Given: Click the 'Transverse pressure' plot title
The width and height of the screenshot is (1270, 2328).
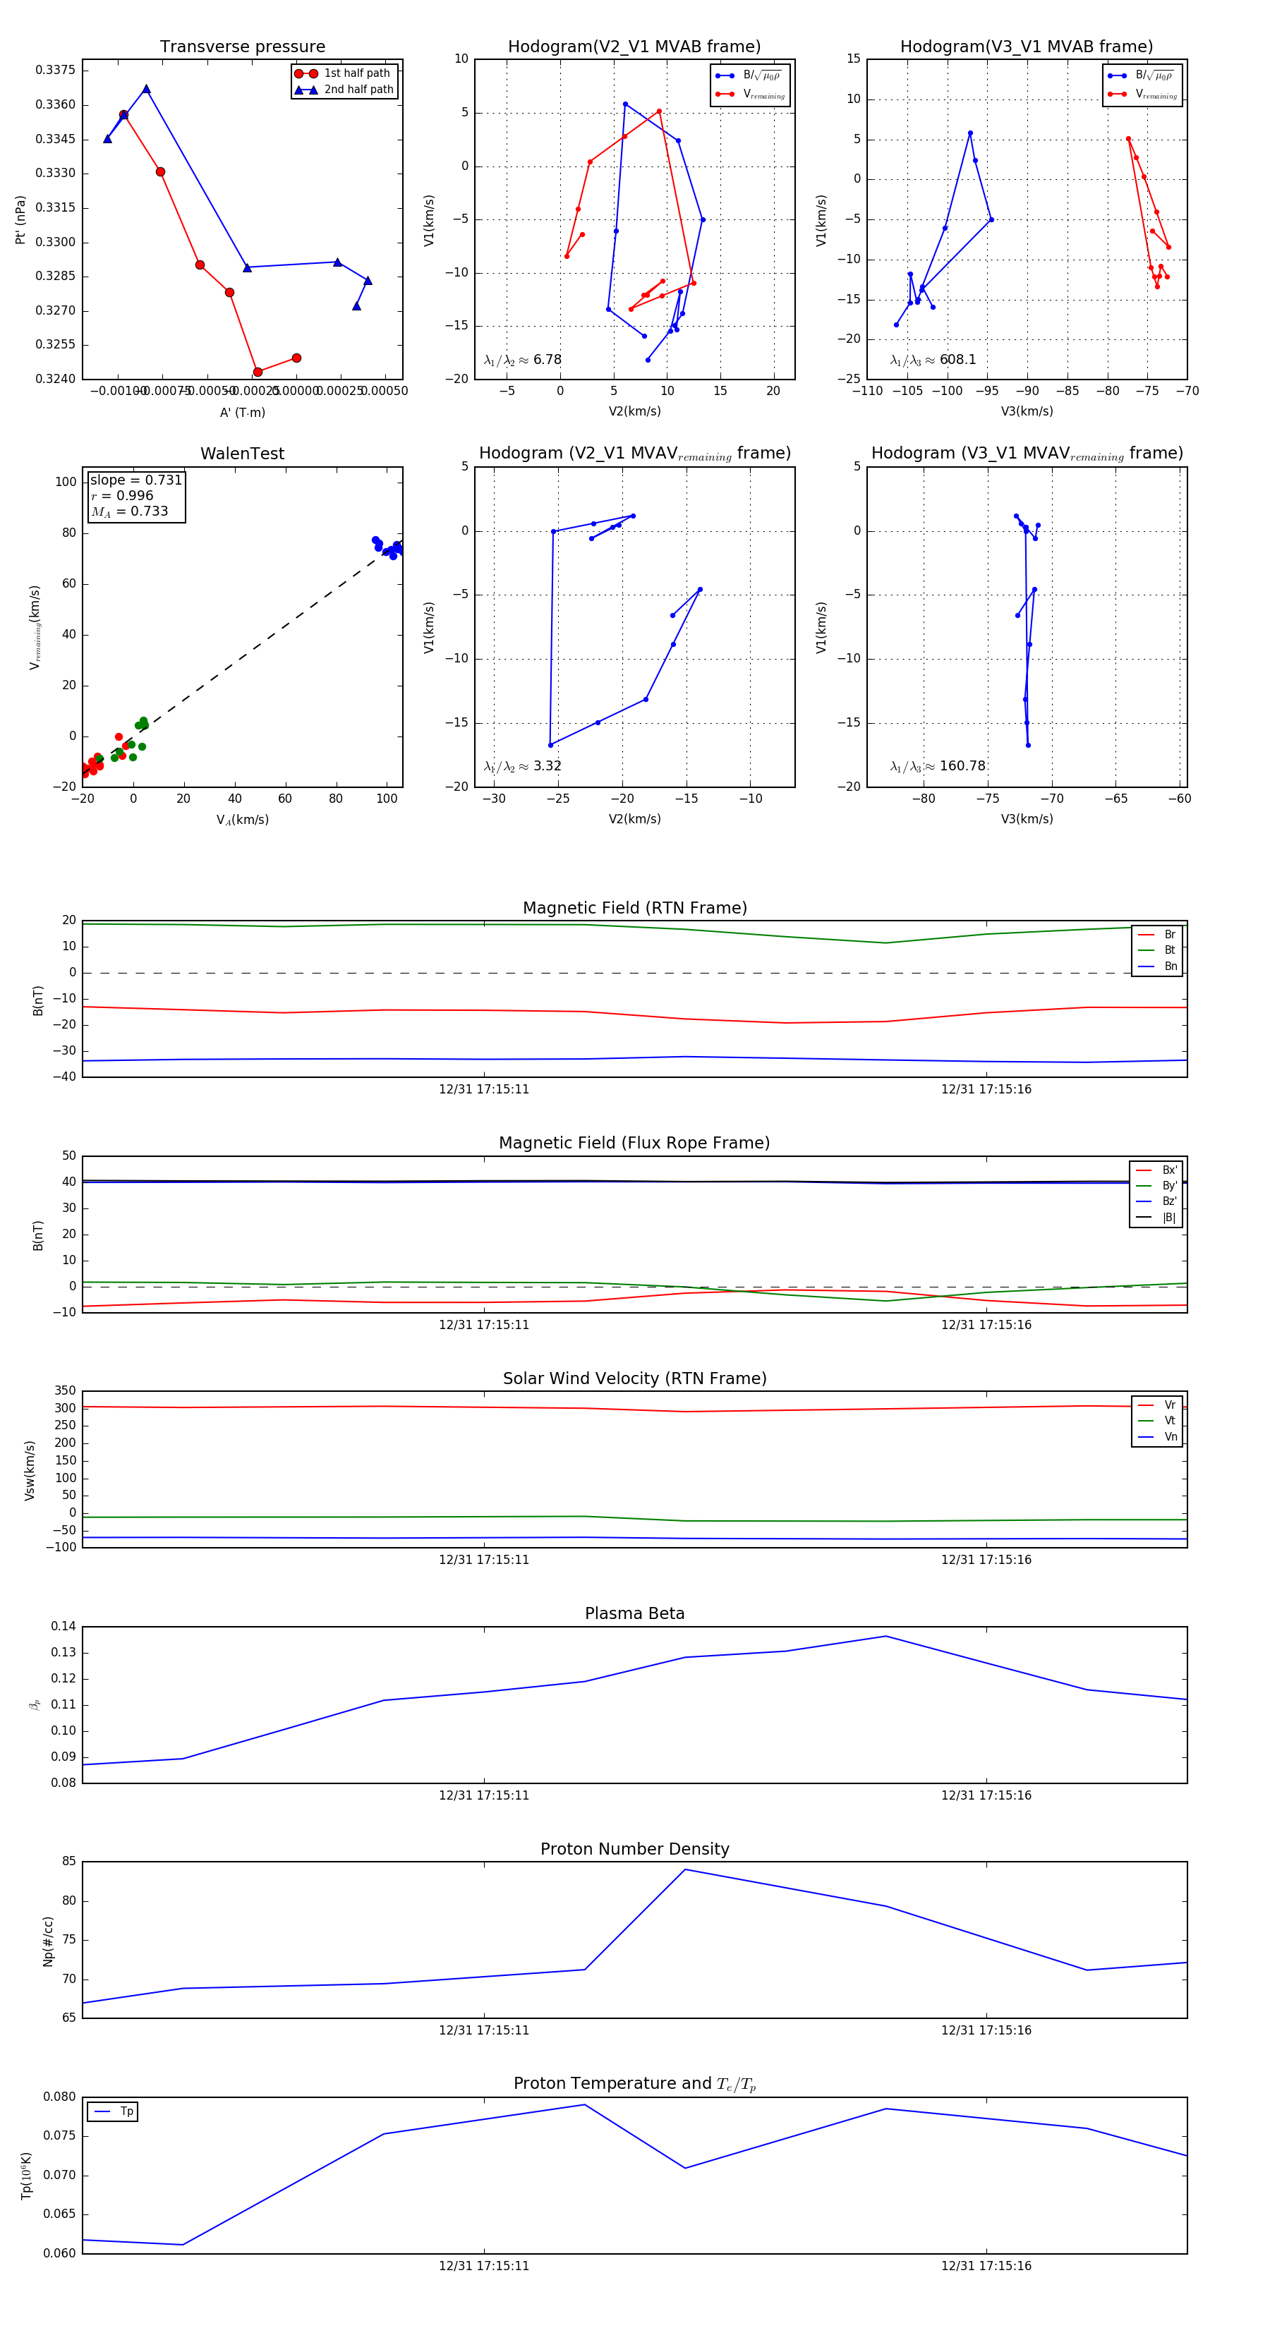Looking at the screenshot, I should click(x=242, y=47).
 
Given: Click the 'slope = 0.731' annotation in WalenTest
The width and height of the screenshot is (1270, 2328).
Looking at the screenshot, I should click(x=135, y=480).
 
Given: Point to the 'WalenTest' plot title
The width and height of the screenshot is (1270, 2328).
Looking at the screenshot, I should click(x=242, y=454).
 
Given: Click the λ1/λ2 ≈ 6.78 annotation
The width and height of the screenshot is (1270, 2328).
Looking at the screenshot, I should click(x=522, y=360).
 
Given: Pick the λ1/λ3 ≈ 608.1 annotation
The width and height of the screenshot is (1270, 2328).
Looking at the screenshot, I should click(x=933, y=360).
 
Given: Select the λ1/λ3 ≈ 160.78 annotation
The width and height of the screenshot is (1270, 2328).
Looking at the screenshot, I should click(x=938, y=766).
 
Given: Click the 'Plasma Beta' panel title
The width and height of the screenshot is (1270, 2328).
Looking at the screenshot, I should click(x=634, y=1614).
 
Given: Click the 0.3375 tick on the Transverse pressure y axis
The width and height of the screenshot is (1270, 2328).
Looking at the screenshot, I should click(x=55, y=71).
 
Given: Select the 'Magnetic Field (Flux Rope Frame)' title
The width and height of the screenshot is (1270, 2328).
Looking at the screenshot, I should click(x=634, y=1144).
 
